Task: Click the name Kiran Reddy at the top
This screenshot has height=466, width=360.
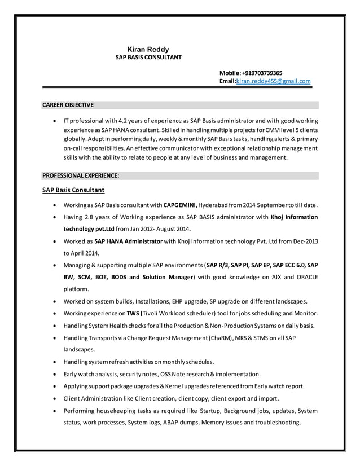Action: point(148,49)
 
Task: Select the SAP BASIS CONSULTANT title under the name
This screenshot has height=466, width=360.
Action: point(148,58)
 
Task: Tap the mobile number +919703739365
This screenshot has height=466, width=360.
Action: point(263,73)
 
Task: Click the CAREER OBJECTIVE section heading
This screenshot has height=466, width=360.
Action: point(68,105)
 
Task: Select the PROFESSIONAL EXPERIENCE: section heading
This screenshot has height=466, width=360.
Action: point(81,175)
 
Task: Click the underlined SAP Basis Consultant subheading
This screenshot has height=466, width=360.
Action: point(73,190)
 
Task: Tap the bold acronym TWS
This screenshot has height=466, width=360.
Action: point(133,313)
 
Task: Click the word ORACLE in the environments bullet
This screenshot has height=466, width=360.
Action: point(304,277)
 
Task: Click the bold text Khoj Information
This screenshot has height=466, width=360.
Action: point(294,217)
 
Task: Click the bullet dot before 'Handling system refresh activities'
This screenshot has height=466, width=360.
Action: point(54,362)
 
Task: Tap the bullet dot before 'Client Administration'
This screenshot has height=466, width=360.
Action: point(54,398)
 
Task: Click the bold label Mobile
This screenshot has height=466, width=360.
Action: point(230,73)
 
